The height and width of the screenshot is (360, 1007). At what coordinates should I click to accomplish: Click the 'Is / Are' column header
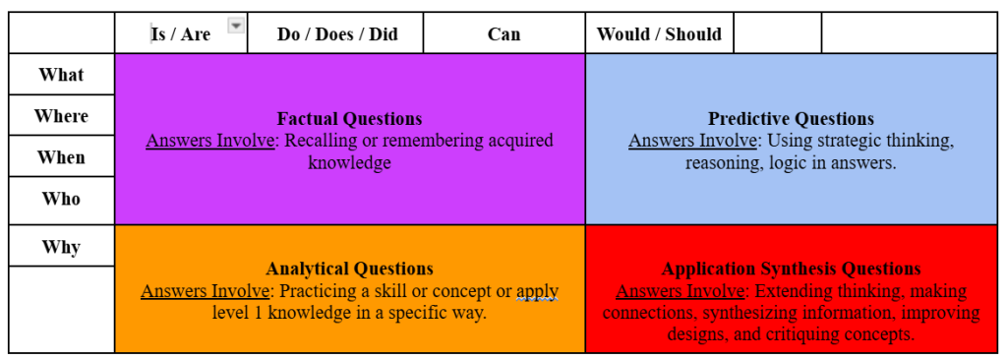(x=181, y=33)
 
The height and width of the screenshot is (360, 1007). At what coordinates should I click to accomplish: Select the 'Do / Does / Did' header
(x=337, y=33)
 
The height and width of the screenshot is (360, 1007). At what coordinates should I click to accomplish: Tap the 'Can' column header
(x=503, y=33)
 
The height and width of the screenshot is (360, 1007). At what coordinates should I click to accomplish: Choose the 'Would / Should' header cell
(x=659, y=33)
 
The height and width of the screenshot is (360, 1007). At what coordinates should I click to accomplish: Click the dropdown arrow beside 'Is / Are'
(x=236, y=26)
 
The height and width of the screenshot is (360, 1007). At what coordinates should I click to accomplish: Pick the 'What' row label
(x=61, y=75)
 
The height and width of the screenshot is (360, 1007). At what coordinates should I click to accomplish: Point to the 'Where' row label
(x=61, y=116)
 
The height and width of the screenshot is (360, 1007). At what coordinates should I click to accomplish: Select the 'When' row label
(x=61, y=157)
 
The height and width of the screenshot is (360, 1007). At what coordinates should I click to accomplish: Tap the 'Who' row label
(x=61, y=199)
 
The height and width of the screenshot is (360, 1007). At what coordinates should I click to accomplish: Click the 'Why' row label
(x=61, y=246)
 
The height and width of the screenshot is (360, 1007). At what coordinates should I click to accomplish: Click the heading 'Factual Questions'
(x=349, y=119)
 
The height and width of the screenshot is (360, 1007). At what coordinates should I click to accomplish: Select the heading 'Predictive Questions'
(x=791, y=119)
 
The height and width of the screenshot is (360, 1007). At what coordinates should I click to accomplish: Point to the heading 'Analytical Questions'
(x=349, y=269)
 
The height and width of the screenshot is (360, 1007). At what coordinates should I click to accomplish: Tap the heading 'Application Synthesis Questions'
(x=791, y=269)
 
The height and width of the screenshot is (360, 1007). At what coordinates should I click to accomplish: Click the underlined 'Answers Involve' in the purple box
(x=209, y=141)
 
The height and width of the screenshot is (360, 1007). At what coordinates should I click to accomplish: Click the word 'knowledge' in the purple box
(x=349, y=162)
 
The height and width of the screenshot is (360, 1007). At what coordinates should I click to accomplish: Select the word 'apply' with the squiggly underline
(x=537, y=291)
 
